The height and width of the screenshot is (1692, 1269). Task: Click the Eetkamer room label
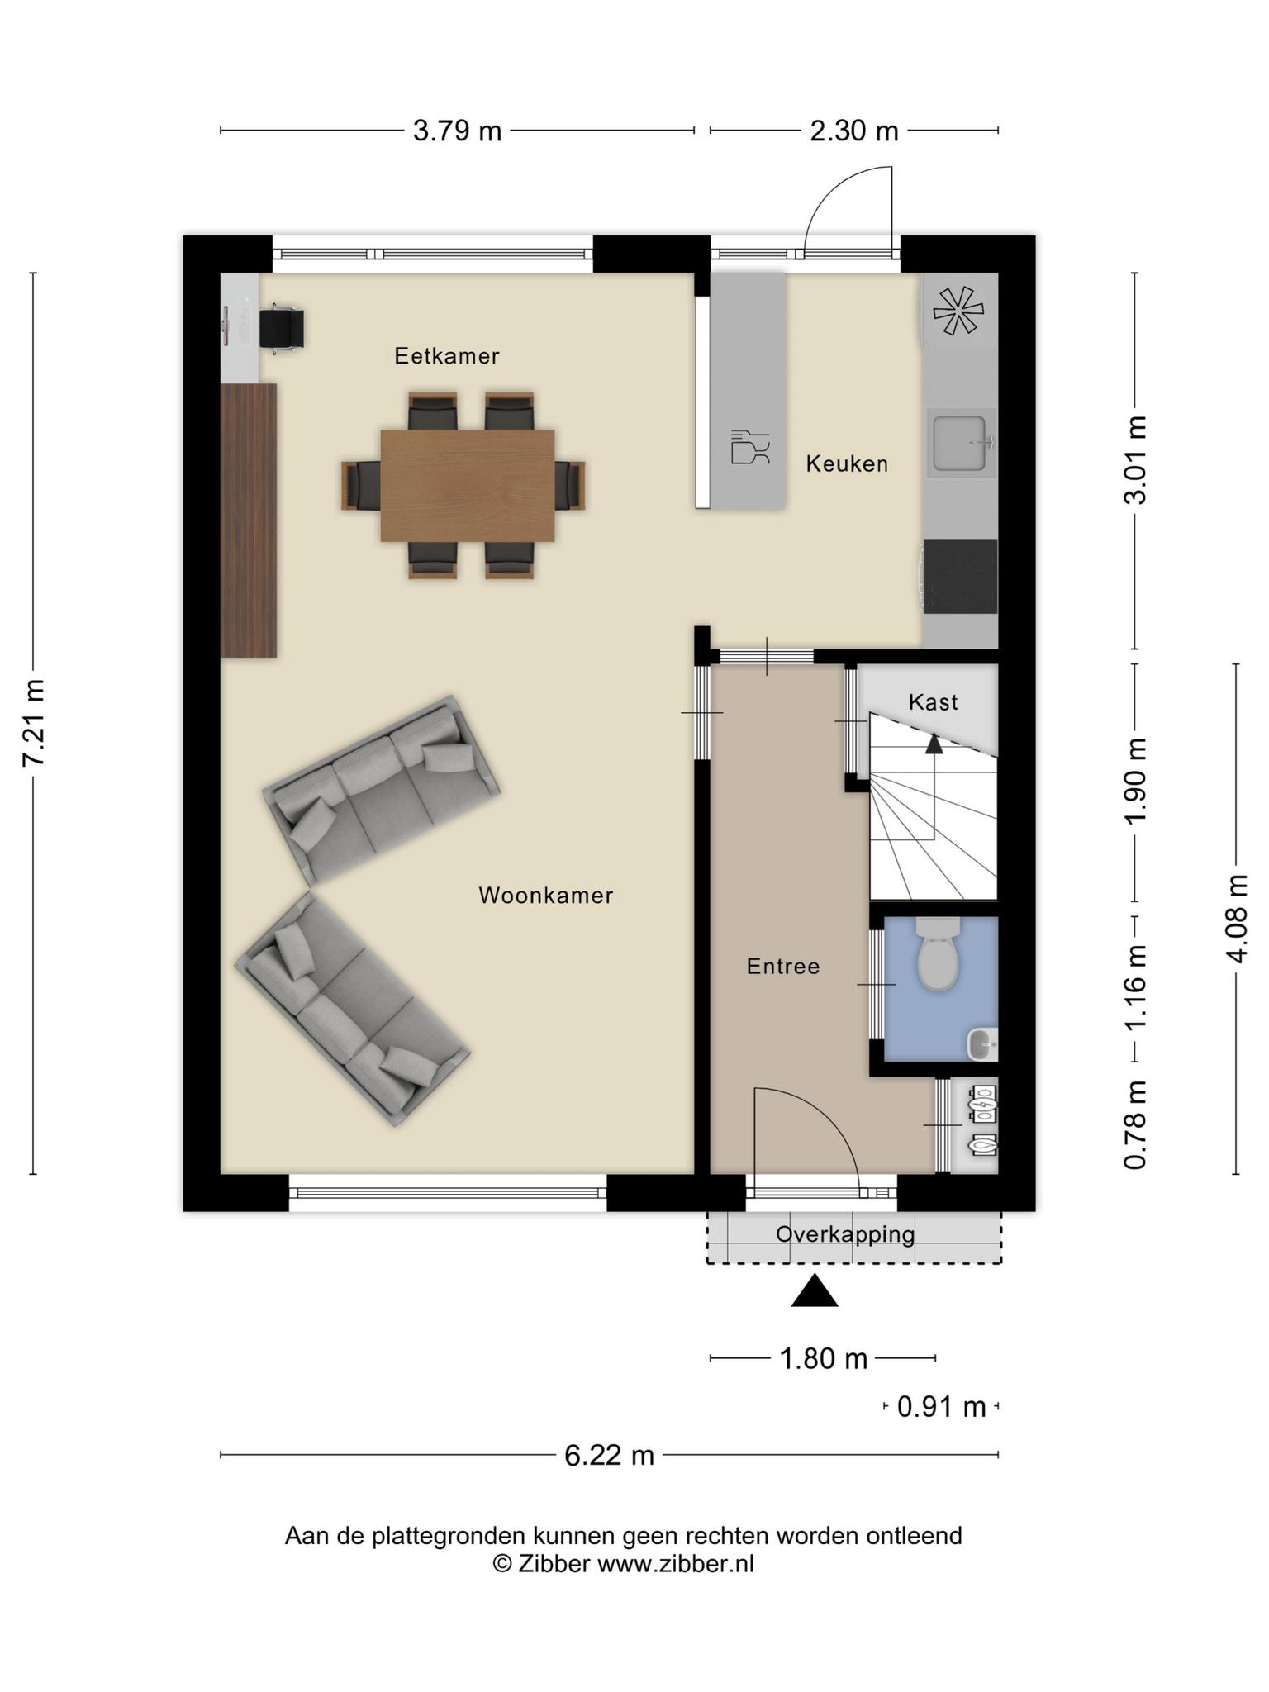click(x=446, y=356)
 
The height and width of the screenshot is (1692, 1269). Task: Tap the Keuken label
click(x=847, y=463)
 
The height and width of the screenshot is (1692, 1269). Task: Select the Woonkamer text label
click(x=545, y=896)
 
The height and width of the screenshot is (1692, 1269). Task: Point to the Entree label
click(x=783, y=966)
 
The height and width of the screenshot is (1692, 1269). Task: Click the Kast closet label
click(x=933, y=702)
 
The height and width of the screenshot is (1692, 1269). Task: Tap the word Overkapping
click(x=845, y=1234)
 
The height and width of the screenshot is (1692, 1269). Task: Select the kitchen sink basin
click(x=962, y=442)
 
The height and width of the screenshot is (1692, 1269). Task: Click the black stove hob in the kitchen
click(x=960, y=577)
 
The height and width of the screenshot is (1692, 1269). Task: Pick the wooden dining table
click(x=468, y=486)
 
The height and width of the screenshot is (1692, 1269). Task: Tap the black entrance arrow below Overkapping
click(x=815, y=1290)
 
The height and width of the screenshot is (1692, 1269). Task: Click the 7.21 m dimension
click(x=33, y=723)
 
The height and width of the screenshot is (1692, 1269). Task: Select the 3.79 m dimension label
click(x=457, y=131)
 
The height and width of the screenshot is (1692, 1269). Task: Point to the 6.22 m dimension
click(x=609, y=1455)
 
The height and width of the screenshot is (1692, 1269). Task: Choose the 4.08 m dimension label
click(x=1237, y=918)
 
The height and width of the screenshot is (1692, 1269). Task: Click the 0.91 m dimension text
click(x=942, y=1406)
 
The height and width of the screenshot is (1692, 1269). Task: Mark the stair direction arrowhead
click(x=934, y=744)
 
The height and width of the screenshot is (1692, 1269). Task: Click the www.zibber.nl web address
click(x=676, y=1564)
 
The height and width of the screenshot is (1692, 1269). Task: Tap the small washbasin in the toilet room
click(x=983, y=1044)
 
